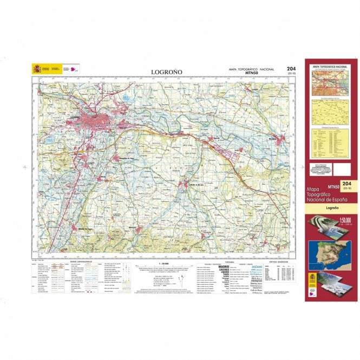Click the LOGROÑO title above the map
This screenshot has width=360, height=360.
167,71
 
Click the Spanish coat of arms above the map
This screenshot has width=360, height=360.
37,69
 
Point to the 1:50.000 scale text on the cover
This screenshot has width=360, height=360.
345,220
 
